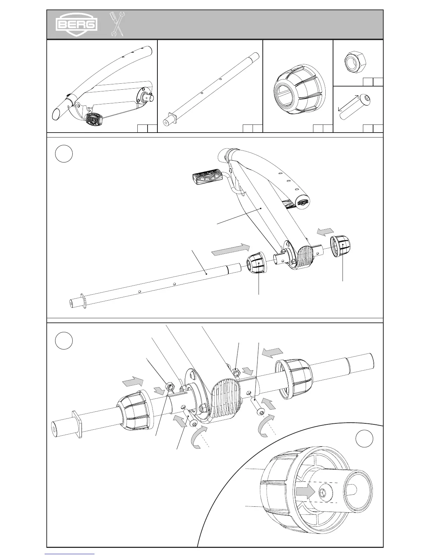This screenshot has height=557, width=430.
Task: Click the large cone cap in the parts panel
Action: (299, 89)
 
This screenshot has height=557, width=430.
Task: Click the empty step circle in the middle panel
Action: (64, 154)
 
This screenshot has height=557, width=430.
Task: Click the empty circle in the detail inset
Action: (364, 439)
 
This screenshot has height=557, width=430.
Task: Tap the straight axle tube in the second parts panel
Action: (211, 88)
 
